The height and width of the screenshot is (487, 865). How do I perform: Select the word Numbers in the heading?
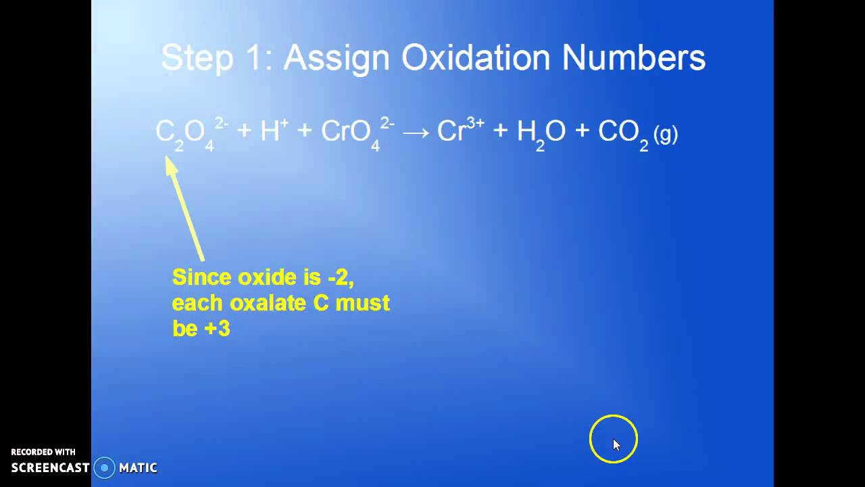pos(634,58)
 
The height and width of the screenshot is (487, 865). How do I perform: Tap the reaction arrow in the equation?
pos(416,133)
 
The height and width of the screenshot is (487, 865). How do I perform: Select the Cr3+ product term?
pos(460,131)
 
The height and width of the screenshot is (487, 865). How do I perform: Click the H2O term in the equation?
pos(541,133)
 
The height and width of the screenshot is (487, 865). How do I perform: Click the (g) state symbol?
pos(666,134)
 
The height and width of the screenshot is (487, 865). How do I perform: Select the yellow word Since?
pos(197,277)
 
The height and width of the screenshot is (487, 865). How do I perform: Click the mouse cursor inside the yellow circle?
pos(616,444)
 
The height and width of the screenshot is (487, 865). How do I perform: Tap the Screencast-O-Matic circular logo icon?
pos(104,467)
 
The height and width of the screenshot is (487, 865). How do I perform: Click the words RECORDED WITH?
pos(43,452)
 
